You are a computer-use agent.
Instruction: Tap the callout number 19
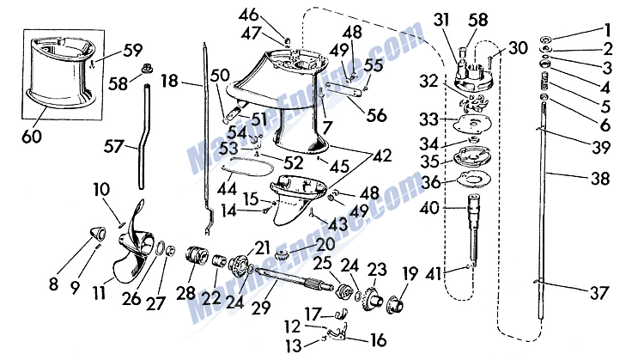click(x=410, y=276)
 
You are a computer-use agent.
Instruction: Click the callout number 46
click(x=272, y=14)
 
